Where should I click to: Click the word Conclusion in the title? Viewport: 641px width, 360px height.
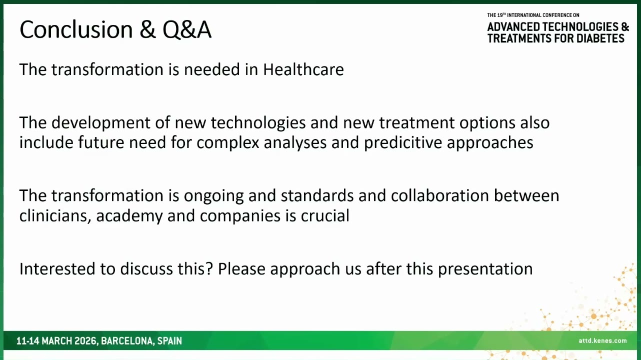(76, 29)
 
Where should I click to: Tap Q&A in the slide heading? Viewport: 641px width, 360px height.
(187, 29)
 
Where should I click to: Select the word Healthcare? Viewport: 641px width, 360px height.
(303, 69)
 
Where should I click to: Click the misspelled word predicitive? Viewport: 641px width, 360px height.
(403, 143)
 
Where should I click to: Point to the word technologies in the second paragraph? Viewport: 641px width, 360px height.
(258, 123)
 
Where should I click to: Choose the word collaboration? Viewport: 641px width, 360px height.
(440, 195)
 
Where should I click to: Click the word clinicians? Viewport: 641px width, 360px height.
(55, 216)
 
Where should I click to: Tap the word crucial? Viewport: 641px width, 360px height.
(325, 216)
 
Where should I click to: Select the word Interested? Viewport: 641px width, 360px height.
(57, 269)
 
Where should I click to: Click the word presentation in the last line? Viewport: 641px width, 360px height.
(485, 269)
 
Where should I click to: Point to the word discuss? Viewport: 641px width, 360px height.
(146, 269)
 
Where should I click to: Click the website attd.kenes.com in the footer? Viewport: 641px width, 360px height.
(602, 340)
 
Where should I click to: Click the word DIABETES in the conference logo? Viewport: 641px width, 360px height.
(600, 38)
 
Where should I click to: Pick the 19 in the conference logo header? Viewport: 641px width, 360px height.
(499, 15)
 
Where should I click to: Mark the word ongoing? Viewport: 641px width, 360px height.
(214, 196)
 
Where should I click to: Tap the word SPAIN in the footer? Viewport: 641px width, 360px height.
(169, 341)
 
